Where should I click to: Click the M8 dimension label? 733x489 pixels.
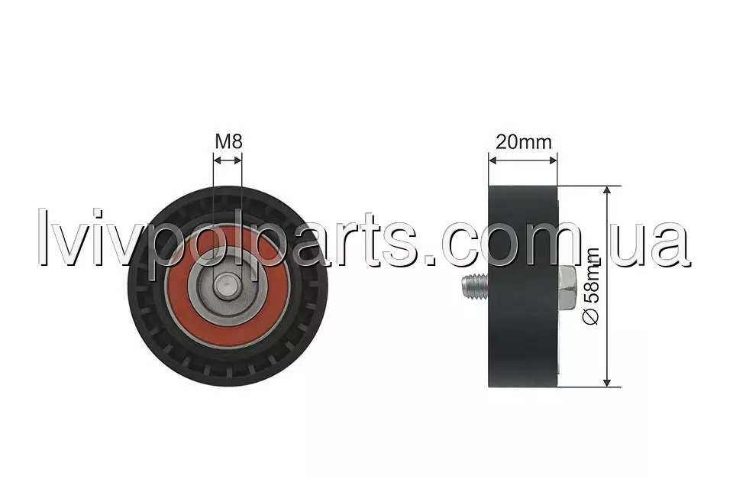point(228,141)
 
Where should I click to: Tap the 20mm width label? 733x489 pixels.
point(524,141)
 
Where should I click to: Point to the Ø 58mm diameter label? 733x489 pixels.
point(591,286)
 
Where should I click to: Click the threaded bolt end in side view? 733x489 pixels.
point(474,286)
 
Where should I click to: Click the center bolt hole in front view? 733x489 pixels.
point(227,286)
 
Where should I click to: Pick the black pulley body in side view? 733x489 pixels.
point(523,287)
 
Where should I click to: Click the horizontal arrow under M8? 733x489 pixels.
point(228,160)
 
